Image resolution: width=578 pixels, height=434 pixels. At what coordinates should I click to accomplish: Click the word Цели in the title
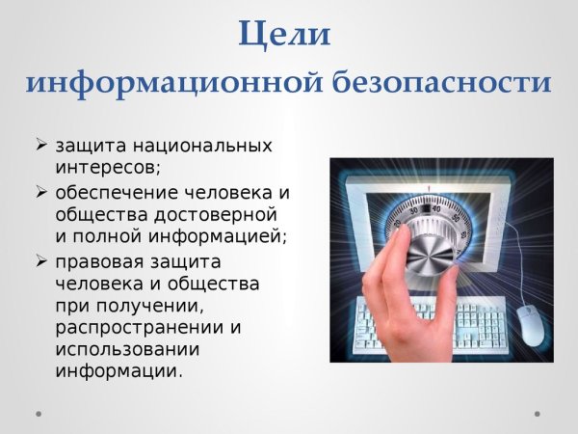[x=285, y=35]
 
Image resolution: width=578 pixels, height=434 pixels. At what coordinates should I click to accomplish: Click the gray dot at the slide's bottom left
[x=39, y=412]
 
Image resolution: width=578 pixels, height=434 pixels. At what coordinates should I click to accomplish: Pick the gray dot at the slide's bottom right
[x=537, y=412]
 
